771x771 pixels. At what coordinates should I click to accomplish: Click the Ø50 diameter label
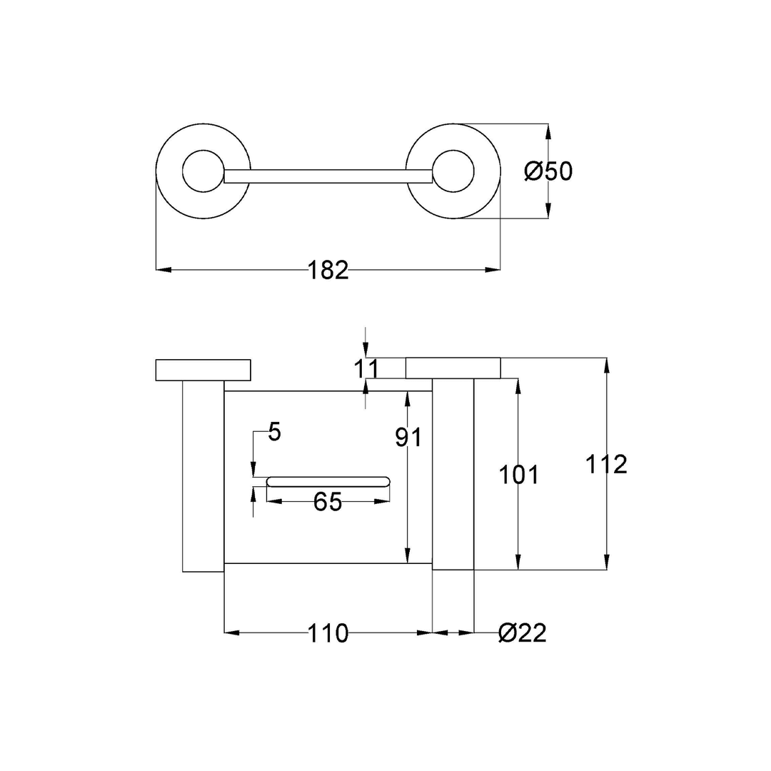click(x=548, y=171)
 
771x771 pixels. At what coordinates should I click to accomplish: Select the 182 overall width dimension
click(x=328, y=270)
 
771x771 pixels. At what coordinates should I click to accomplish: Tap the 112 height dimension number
click(x=606, y=464)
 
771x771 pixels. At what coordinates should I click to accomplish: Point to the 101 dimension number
click(x=518, y=475)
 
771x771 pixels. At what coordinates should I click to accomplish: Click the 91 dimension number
click(x=409, y=438)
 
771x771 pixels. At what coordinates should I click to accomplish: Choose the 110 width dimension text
click(x=328, y=633)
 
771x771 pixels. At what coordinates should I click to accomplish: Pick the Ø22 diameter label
click(x=523, y=633)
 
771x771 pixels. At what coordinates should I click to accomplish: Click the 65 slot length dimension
click(x=328, y=502)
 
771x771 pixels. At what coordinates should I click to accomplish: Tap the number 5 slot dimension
click(x=275, y=432)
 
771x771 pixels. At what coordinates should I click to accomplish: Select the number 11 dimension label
click(x=366, y=369)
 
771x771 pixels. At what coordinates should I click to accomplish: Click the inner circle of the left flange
click(x=203, y=171)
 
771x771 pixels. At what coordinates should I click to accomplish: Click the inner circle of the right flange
click(x=453, y=171)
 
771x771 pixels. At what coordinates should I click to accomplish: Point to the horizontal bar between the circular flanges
click(x=328, y=176)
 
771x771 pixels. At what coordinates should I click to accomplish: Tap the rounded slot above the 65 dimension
click(x=328, y=481)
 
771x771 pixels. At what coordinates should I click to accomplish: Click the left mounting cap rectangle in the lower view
click(x=203, y=370)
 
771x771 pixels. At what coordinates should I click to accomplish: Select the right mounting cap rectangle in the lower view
click(x=453, y=368)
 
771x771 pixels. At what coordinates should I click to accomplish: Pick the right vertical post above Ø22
click(x=453, y=475)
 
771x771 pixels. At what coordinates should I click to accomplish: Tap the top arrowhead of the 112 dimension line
click(x=606, y=365)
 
